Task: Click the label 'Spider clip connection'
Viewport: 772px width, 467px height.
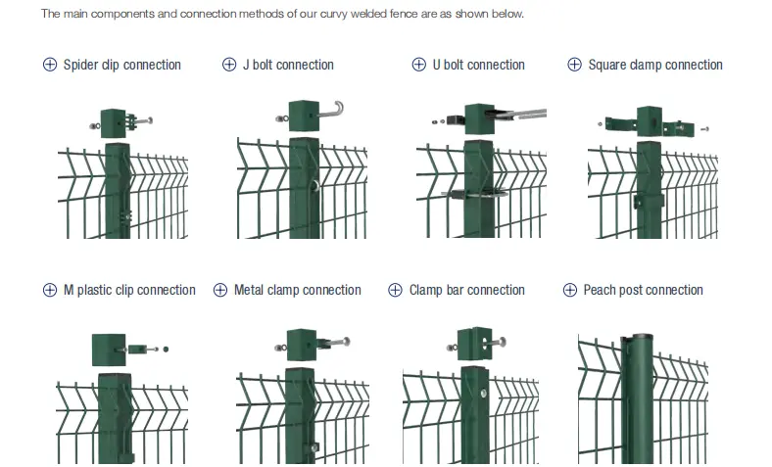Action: [x=121, y=65]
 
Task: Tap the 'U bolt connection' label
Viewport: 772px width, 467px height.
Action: [x=478, y=65]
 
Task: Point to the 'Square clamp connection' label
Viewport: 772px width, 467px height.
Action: [x=654, y=65]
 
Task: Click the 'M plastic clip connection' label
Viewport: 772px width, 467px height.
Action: [x=129, y=290]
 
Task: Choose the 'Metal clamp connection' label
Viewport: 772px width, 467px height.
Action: [x=297, y=290]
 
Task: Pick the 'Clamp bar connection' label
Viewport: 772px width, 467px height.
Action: [x=466, y=290]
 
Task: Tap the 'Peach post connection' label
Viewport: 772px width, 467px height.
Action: [x=643, y=290]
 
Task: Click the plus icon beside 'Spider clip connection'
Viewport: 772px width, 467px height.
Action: [x=50, y=65]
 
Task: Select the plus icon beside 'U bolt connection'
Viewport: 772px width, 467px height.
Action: [x=419, y=65]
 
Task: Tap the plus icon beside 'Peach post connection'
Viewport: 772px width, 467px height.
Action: [x=570, y=290]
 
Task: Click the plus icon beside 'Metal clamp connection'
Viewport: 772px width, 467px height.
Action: [x=220, y=290]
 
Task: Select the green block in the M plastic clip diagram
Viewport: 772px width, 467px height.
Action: [x=109, y=349]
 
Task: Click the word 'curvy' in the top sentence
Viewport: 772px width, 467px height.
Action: [x=335, y=15]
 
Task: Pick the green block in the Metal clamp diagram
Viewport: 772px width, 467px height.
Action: [x=301, y=343]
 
